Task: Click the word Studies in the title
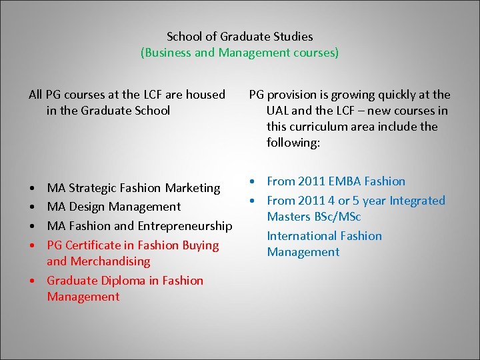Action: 291,37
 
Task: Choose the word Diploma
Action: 124,281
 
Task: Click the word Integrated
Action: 417,201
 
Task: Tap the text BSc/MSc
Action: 339,217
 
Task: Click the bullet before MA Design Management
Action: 32,207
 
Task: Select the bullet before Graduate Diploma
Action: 32,281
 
